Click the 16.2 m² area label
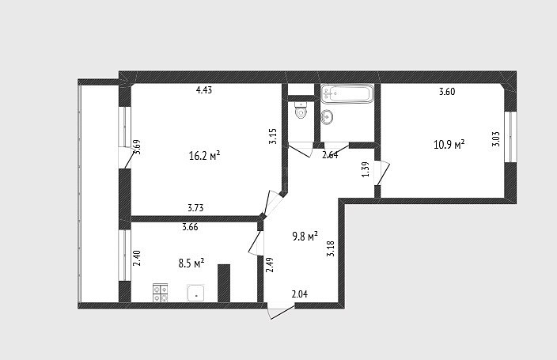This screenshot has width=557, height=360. click(x=205, y=155)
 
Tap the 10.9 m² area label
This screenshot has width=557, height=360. click(x=449, y=145)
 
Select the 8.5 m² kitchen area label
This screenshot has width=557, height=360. click(x=191, y=263)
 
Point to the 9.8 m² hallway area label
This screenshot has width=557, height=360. click(x=305, y=236)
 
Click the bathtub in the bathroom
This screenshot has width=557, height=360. click(x=347, y=93)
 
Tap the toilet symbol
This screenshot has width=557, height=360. click(x=301, y=111)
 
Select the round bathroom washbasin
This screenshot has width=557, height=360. click(x=327, y=117)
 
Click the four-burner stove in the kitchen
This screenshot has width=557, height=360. click(x=160, y=294)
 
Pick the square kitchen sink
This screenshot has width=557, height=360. click(x=195, y=293)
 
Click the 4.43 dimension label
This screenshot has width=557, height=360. click(x=204, y=90)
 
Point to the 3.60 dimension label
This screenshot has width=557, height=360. click(x=447, y=92)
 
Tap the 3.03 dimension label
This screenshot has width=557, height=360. click(x=496, y=139)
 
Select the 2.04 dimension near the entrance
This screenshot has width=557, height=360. click(x=299, y=294)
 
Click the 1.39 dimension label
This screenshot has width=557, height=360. click(x=366, y=169)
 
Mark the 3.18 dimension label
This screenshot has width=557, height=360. click(x=331, y=248)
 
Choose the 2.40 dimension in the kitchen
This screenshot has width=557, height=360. click(x=137, y=259)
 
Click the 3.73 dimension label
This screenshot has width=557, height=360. click(x=195, y=208)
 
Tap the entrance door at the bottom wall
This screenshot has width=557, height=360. click(x=281, y=311)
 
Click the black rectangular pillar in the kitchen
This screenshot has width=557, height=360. click(x=224, y=283)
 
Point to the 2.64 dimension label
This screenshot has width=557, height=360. click(x=330, y=155)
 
